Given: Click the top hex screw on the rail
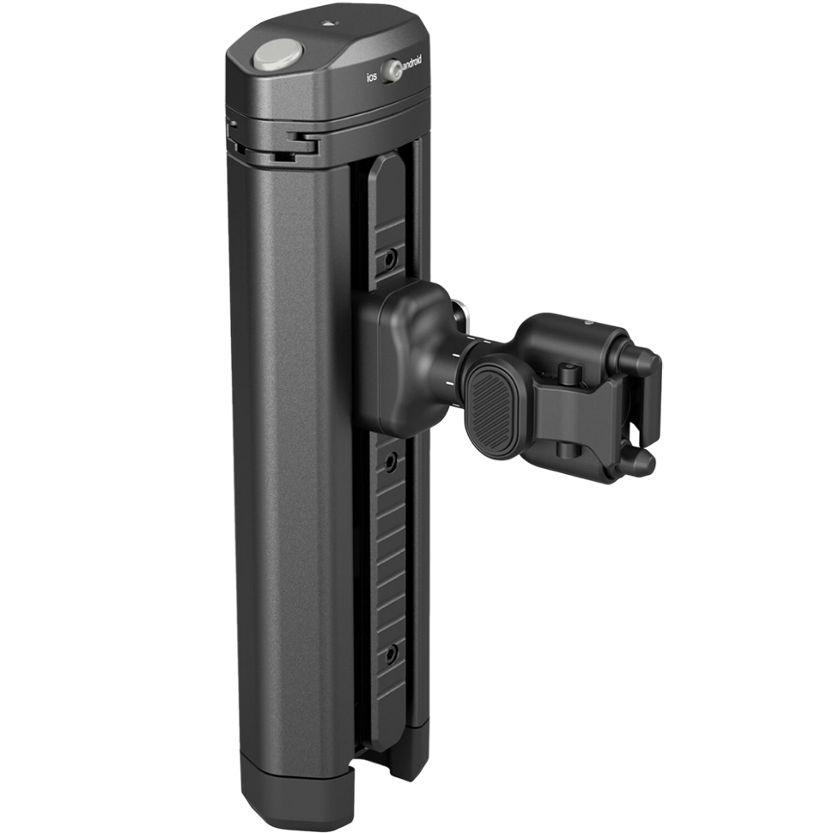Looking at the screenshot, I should [x=391, y=257].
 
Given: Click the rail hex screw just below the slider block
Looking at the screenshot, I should [x=391, y=463].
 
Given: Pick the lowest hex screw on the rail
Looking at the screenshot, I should [x=391, y=654].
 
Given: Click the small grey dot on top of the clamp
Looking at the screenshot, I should [x=589, y=323].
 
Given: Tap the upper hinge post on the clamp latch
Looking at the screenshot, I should [x=568, y=372].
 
